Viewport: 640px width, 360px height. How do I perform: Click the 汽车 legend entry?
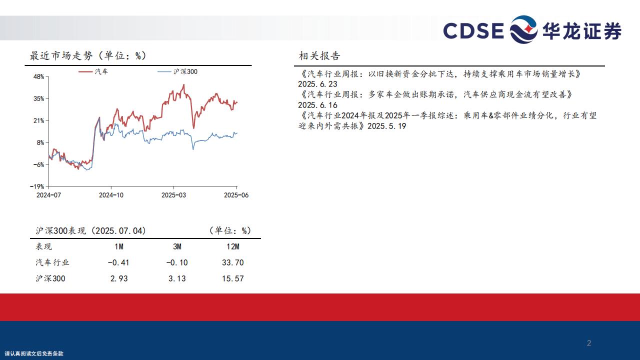tap(93, 71)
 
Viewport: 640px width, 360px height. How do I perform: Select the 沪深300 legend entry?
tap(177, 71)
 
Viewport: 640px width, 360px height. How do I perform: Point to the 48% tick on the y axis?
tap(39, 76)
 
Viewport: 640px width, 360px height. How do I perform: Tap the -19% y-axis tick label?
tap(37, 186)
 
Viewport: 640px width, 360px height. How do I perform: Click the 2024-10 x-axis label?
tap(111, 195)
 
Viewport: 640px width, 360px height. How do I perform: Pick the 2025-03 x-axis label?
tap(173, 195)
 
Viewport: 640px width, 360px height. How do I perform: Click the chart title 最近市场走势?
tap(61, 55)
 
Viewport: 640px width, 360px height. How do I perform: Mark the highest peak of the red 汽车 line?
tap(183, 84)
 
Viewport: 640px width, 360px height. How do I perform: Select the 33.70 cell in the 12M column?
tap(233, 262)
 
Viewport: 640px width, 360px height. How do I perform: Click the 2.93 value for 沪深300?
tap(119, 278)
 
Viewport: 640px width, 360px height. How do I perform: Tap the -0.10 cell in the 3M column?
tap(177, 262)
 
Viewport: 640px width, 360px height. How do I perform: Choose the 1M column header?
tap(119, 246)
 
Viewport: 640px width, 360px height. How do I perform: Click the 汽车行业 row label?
tap(52, 262)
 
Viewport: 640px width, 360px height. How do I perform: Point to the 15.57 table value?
tap(233, 278)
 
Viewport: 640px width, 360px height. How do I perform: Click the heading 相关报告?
tap(319, 55)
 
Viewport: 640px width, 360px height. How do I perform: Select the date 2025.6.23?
tap(317, 84)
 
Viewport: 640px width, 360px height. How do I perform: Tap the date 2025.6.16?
tap(317, 105)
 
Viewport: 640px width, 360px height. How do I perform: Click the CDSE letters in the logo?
tap(473, 30)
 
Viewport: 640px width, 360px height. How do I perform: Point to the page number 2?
tap(589, 343)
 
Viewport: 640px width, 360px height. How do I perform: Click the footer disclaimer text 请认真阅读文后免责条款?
tap(34, 353)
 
